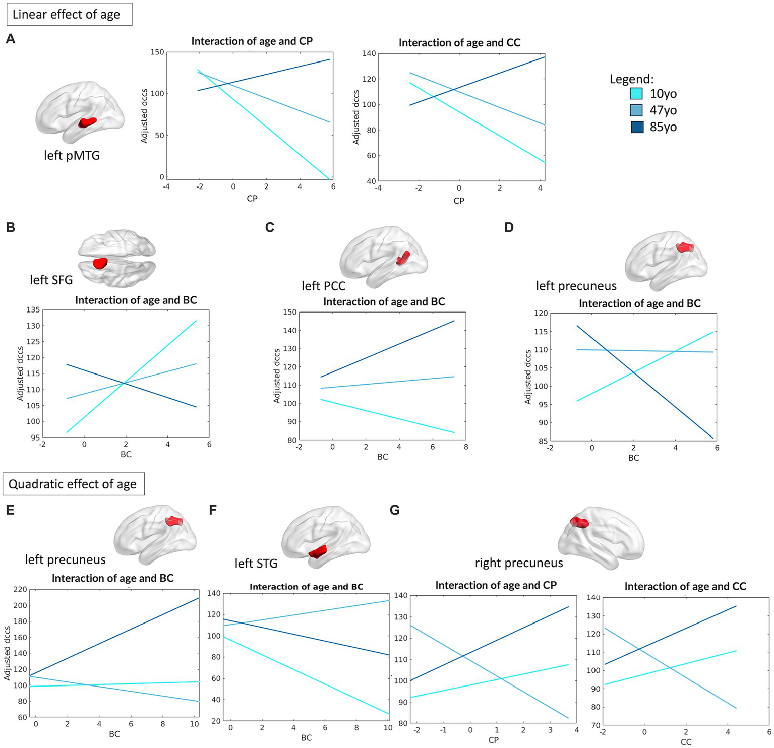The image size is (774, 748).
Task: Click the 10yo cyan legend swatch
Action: point(636,94)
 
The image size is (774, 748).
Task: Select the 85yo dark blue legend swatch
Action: point(636,127)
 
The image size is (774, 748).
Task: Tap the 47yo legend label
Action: point(663,110)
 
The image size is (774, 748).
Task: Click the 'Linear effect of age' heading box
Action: point(69,14)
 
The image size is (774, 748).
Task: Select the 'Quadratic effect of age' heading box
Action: point(73,484)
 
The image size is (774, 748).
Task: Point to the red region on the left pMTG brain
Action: point(88,122)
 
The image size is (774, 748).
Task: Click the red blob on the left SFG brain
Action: point(100,263)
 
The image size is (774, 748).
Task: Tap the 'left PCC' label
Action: point(324,286)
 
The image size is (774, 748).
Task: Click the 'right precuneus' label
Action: point(519,563)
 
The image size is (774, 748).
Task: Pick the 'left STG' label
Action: point(256,563)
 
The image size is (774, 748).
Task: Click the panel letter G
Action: point(395,510)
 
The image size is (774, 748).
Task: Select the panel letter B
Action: point(10,227)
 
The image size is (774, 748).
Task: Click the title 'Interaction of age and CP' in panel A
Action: point(252,41)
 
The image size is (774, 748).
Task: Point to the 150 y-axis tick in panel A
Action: point(157,52)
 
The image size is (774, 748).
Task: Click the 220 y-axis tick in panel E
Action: point(20,589)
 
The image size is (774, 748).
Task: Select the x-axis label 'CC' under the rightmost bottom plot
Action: point(686,742)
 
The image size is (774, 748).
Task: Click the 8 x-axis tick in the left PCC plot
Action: point(466,447)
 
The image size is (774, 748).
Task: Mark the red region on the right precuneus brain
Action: point(579,522)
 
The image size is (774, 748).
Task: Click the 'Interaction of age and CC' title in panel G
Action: point(685,587)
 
